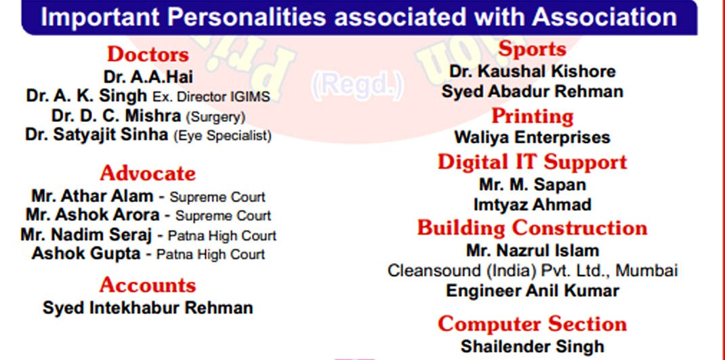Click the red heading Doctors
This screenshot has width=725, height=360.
148,55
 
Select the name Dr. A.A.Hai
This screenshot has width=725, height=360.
148,77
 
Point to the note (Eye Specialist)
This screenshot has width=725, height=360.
222,136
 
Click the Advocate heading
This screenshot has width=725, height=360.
148,174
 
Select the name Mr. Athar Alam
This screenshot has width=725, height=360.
92,196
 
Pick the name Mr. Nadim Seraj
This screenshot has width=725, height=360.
86,235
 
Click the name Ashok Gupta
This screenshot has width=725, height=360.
86,254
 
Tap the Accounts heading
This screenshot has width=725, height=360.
148,285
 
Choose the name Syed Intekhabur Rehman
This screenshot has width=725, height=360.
148,308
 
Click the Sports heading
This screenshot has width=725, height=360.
532,49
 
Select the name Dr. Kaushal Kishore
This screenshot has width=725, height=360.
532,71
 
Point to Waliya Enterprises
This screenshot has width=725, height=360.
532,138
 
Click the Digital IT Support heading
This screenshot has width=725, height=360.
532,162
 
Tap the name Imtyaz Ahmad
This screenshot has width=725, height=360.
532,204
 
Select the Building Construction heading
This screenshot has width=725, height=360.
532,228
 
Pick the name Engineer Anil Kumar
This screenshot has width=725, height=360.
532,291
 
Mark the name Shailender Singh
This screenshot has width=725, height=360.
532,346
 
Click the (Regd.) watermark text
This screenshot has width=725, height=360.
357,85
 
